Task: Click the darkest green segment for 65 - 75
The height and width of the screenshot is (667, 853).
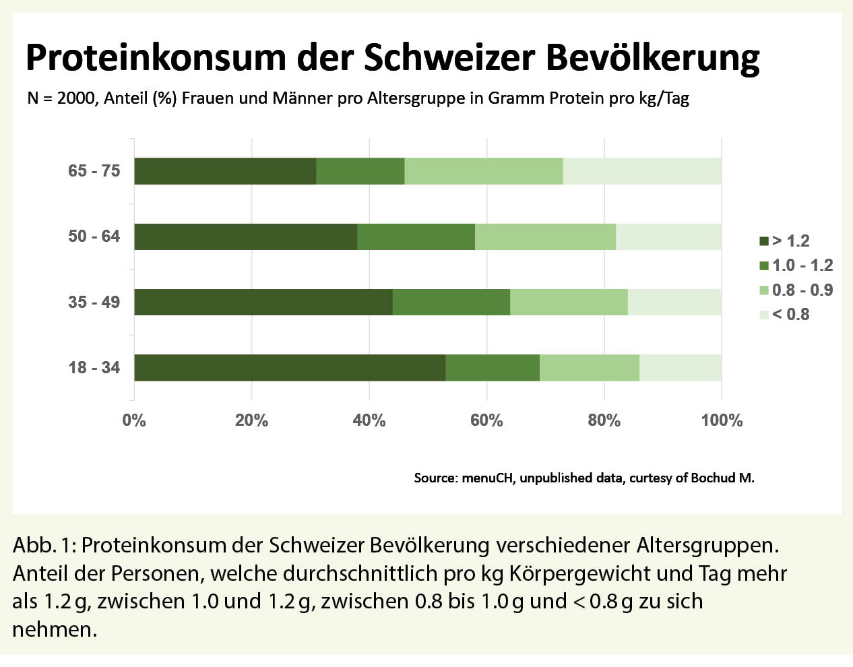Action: pos(225,171)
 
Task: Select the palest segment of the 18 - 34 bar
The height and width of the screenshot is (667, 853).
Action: pos(681,368)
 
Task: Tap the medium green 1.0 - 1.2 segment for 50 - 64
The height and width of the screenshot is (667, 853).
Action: pos(416,236)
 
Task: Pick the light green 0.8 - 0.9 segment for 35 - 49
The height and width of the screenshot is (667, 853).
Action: pos(569,302)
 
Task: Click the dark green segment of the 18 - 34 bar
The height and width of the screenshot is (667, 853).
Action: pos(290,368)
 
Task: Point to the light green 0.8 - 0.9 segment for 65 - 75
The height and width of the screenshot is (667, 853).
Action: pos(484,171)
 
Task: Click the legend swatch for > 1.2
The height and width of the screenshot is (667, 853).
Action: pos(763,241)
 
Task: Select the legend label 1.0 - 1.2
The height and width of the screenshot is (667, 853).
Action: pos(802,265)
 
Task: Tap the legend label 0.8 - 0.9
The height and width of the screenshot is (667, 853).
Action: pos(802,290)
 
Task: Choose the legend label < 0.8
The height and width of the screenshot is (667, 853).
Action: pos(791,315)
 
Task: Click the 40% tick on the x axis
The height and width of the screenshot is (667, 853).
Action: pos(369,420)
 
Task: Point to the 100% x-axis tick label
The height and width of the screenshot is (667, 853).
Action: pos(722,420)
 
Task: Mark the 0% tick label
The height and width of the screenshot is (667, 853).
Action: pos(134,420)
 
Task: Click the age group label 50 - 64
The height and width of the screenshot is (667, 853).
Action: pos(94,236)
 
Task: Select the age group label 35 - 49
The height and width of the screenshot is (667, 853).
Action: pos(94,302)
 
